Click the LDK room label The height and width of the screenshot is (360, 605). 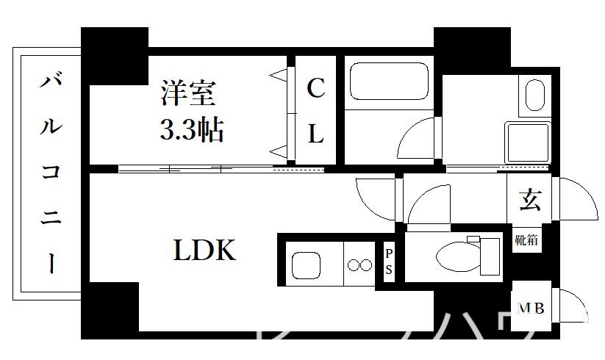(x=204, y=251)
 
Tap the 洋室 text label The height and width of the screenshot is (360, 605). (x=187, y=95)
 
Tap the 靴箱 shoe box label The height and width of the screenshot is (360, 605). (x=526, y=240)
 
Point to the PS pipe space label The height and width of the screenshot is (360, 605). (x=388, y=262)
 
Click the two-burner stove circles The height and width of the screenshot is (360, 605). (x=360, y=264)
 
